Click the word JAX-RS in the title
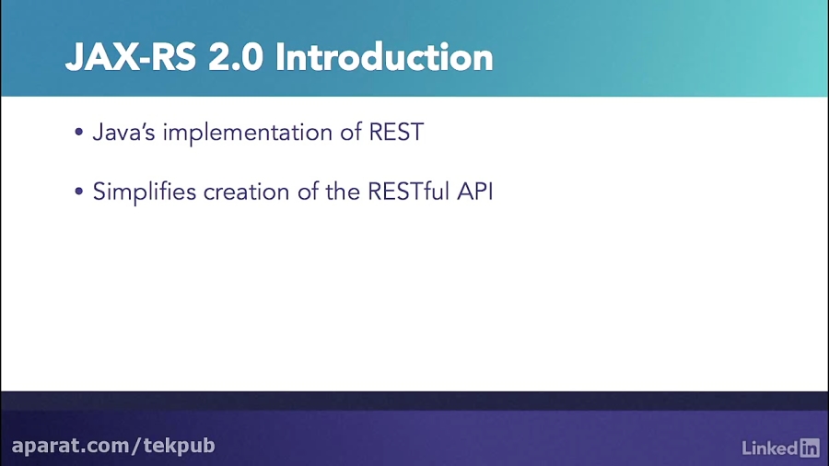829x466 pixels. [131, 57]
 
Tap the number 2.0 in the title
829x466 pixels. [236, 57]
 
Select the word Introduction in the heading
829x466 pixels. [384, 57]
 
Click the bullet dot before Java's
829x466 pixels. [79, 132]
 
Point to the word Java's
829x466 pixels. [123, 132]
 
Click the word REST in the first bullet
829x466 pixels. [396, 132]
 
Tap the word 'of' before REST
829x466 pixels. [351, 132]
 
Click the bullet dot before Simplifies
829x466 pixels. [79, 191]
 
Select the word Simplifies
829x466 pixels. [145, 192]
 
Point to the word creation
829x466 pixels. [247, 192]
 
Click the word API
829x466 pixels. [474, 192]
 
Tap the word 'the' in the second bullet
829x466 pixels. [343, 192]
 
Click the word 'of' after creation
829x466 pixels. [308, 192]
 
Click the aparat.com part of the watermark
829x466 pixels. [71, 446]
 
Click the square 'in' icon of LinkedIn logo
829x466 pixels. [809, 448]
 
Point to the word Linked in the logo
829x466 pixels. [770, 448]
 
